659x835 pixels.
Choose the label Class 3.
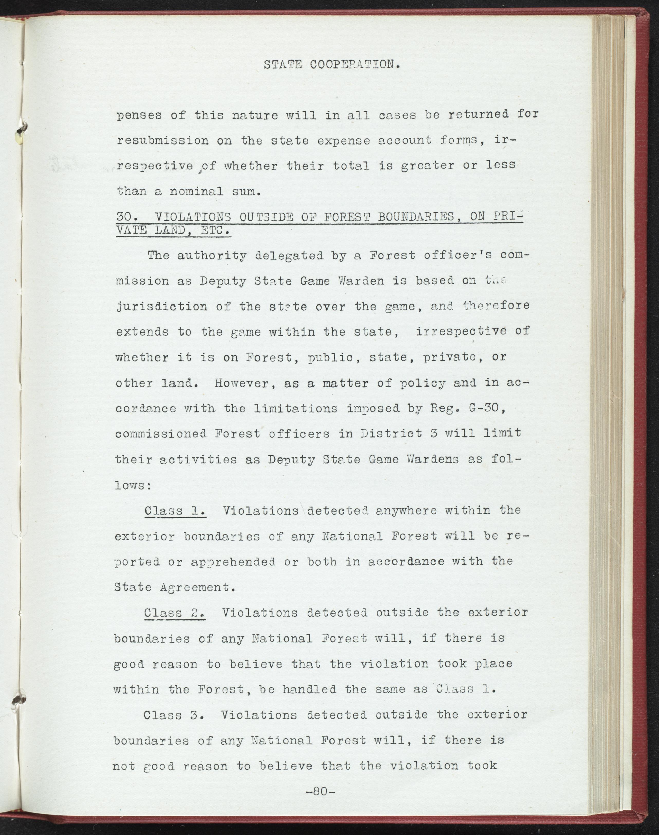(174, 715)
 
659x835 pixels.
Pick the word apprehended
(233, 562)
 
